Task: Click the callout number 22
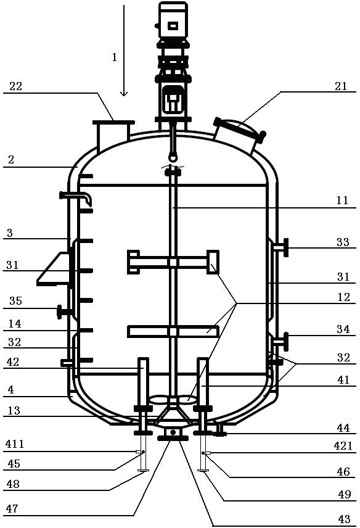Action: pyautogui.click(x=16, y=86)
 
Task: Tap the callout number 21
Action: pyautogui.click(x=341, y=86)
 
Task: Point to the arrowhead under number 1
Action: pyautogui.click(x=124, y=93)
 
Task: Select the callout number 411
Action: pyautogui.click(x=15, y=445)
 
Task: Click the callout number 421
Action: pyautogui.click(x=343, y=446)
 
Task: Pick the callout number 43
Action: pyautogui.click(x=344, y=519)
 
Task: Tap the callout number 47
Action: pyautogui.click(x=12, y=508)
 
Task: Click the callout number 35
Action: pyautogui.click(x=15, y=301)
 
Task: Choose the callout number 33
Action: pyautogui.click(x=343, y=242)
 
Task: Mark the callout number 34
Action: pyautogui.click(x=343, y=329)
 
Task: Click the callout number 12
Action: pyautogui.click(x=343, y=297)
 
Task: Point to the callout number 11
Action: pyautogui.click(x=343, y=200)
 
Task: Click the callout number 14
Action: pyautogui.click(x=15, y=324)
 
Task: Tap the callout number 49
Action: pyautogui.click(x=345, y=494)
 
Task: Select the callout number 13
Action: pyautogui.click(x=14, y=410)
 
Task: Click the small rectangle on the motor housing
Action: pyautogui.click(x=173, y=25)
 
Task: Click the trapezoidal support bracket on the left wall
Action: pyautogui.click(x=54, y=269)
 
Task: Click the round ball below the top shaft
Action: pyautogui.click(x=173, y=157)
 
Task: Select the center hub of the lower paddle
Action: pyautogui.click(x=173, y=332)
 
